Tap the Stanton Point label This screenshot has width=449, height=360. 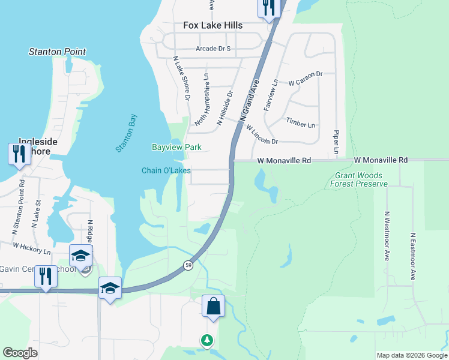pyautogui.click(x=57, y=52)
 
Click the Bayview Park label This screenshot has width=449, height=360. pyautogui.click(x=176, y=147)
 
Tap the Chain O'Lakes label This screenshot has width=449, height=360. pyautogui.click(x=166, y=170)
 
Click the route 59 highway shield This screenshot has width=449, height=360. pyautogui.click(x=188, y=265)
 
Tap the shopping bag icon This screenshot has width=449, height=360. pyautogui.click(x=213, y=306)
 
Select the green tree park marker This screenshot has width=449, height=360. pyautogui.click(x=207, y=340)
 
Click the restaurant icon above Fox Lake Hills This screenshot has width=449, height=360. pyautogui.click(x=268, y=7)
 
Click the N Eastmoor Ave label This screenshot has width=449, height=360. pyautogui.click(x=413, y=257)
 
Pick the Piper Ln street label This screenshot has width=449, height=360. pyautogui.click(x=336, y=143)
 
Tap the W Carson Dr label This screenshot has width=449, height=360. pyautogui.click(x=306, y=79)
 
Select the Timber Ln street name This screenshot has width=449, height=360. pyautogui.click(x=300, y=123)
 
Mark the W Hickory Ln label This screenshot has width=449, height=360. pyautogui.click(x=32, y=247)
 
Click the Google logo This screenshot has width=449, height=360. pyautogui.click(x=20, y=353)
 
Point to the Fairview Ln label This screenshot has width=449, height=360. pyautogui.click(x=271, y=95)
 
